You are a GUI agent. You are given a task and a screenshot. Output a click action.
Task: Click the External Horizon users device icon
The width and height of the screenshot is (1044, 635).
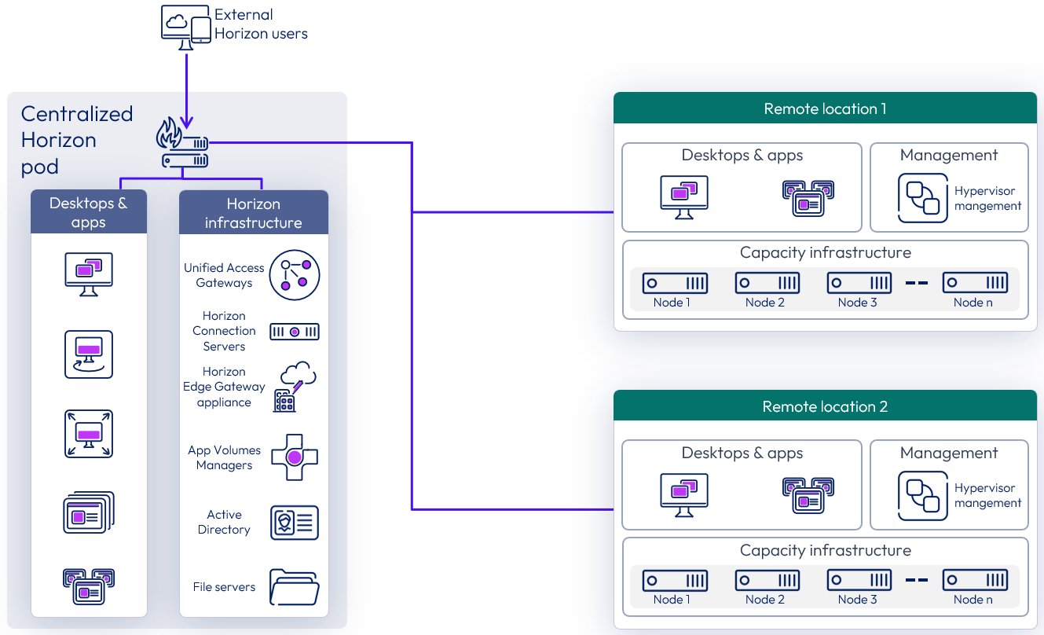(x=185, y=25)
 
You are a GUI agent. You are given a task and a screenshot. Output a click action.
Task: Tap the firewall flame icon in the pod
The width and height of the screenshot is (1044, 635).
(x=169, y=134)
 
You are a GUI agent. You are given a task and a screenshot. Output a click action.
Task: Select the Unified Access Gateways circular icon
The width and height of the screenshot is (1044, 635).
(x=295, y=275)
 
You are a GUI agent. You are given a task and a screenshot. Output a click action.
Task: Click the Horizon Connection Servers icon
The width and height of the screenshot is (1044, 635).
(x=295, y=332)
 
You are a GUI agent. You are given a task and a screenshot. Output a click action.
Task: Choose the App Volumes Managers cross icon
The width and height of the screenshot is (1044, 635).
(x=294, y=457)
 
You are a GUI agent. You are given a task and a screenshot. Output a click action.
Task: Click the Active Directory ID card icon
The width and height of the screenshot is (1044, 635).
(x=295, y=523)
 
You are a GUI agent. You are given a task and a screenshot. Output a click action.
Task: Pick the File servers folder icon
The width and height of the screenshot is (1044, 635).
(x=294, y=587)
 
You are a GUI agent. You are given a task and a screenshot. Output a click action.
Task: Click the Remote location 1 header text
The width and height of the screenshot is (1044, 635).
(x=825, y=109)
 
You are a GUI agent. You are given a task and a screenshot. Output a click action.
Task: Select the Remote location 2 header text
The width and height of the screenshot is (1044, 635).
(x=825, y=407)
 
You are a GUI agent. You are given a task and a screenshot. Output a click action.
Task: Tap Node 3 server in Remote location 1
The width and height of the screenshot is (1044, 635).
(x=859, y=283)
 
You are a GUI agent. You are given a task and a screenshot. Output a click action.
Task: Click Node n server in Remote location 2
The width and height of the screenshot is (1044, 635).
(x=975, y=581)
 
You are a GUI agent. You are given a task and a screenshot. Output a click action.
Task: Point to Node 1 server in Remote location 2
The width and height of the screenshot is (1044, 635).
(x=675, y=581)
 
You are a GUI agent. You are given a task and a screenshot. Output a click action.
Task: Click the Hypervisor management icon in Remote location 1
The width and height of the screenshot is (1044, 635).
(x=923, y=198)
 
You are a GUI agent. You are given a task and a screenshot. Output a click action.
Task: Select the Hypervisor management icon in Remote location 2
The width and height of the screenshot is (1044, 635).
(x=923, y=496)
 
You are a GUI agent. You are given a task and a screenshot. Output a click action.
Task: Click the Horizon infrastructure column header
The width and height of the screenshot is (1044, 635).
(x=254, y=213)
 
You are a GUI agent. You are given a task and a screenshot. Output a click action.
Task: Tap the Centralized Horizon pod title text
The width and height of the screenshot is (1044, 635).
(x=76, y=140)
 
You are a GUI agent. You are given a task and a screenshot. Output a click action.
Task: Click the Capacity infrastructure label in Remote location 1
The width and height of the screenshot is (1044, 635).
(x=825, y=253)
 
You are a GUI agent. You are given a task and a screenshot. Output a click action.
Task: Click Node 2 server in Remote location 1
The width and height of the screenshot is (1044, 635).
(x=767, y=283)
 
